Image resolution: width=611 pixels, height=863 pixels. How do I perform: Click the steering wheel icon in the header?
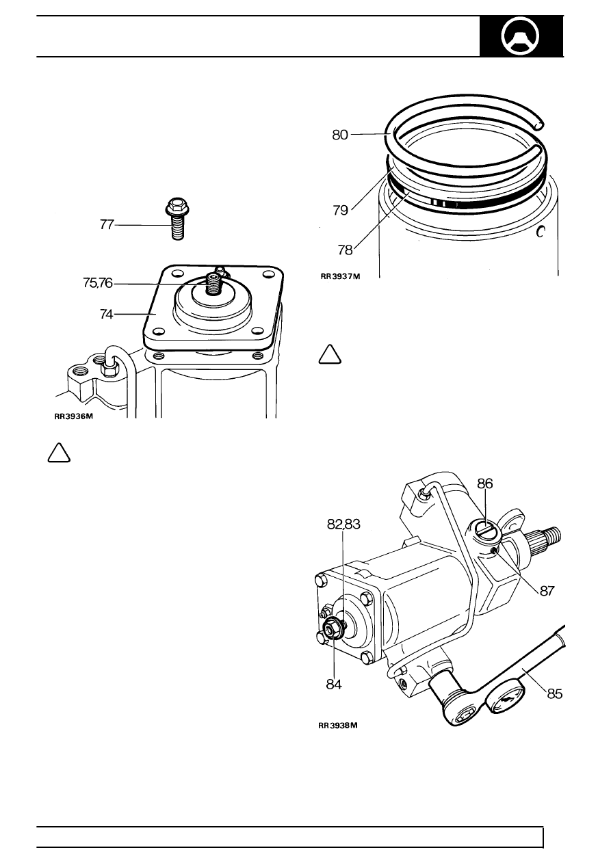click(520, 36)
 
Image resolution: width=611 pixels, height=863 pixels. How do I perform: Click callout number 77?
click(107, 224)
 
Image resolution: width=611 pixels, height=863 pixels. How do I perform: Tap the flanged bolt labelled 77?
click(177, 219)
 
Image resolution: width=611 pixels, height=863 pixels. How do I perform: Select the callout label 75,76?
click(98, 283)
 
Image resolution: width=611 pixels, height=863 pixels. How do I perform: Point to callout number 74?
click(107, 315)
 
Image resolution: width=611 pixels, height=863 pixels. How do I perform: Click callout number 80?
click(340, 135)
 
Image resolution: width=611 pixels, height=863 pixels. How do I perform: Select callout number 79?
click(341, 211)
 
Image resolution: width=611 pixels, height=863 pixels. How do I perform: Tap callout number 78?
click(346, 250)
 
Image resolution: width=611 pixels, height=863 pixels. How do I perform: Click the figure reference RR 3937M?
click(340, 276)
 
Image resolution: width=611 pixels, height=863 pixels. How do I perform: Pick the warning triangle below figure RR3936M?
click(59, 453)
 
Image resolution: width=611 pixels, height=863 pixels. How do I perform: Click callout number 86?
click(485, 483)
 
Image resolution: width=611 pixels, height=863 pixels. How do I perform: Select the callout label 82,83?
click(343, 524)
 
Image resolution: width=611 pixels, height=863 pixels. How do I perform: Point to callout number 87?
click(547, 591)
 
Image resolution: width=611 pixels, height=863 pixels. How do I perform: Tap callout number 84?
click(334, 685)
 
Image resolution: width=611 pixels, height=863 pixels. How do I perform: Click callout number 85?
click(555, 694)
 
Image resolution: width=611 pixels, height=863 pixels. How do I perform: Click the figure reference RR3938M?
click(338, 725)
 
